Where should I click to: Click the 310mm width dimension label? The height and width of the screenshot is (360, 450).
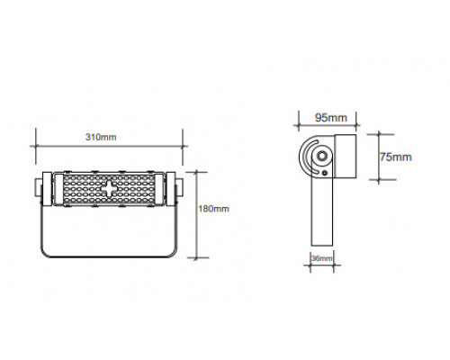101,137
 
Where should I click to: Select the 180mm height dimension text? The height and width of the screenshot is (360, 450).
213,209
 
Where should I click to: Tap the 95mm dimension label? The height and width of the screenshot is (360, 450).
331,118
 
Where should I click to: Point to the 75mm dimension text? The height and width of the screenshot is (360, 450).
396,157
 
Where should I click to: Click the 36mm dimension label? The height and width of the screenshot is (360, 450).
322,258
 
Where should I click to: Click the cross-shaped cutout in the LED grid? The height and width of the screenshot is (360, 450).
108,188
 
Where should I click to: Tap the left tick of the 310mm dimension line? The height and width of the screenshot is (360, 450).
36,147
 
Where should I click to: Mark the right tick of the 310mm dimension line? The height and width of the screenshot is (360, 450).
183,147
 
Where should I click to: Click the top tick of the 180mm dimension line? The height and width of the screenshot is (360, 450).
197,172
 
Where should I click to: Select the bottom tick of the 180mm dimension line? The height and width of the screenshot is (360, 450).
197,257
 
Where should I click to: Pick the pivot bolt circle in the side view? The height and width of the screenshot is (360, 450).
322,156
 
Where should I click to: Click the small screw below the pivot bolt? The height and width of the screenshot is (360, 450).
325,173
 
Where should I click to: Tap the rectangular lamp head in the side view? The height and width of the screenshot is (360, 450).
346,156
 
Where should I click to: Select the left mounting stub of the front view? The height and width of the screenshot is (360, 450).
38,188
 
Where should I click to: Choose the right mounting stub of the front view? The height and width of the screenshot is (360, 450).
179,188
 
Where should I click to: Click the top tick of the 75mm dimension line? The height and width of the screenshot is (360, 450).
379,135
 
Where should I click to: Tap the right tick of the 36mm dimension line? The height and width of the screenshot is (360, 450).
334,265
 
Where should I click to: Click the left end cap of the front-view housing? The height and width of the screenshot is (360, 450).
47,189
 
